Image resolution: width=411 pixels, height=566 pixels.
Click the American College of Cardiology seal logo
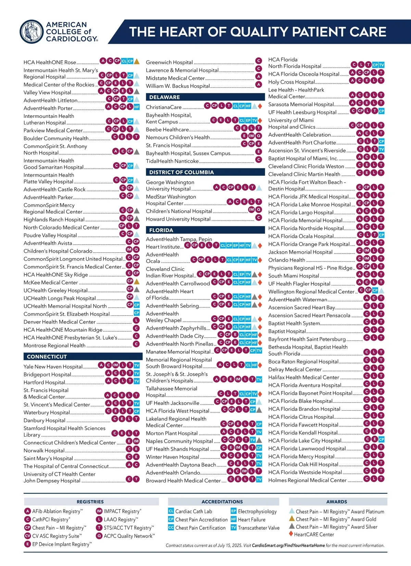coord(32,32)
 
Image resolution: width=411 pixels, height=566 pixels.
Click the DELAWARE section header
coord(164,97)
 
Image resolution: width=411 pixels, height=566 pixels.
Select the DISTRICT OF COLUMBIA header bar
coord(181,172)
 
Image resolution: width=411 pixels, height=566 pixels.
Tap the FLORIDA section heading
coord(161,230)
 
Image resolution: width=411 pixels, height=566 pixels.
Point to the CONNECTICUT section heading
coord(47,357)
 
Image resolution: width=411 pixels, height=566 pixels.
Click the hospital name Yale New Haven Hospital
coord(53,367)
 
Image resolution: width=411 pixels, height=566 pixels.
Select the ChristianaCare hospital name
coord(164,107)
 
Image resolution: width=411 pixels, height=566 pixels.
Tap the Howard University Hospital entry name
coord(178,219)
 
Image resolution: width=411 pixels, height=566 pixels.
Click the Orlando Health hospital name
coord(286,260)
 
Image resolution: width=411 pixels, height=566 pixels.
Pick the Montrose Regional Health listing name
coord(54,346)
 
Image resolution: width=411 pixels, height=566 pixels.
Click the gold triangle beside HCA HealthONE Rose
coord(137,61)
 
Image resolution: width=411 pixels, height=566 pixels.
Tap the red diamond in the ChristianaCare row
coord(260,106)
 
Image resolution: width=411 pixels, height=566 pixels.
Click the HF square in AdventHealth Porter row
coord(137,107)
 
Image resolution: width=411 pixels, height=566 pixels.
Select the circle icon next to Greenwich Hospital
coord(259,61)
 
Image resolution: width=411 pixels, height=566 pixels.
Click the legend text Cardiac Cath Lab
coord(194,512)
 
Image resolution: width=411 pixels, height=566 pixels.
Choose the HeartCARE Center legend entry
coord(314,534)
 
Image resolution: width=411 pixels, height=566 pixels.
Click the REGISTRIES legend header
coord(90,502)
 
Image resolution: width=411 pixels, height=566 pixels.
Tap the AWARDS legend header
coord(337,502)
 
